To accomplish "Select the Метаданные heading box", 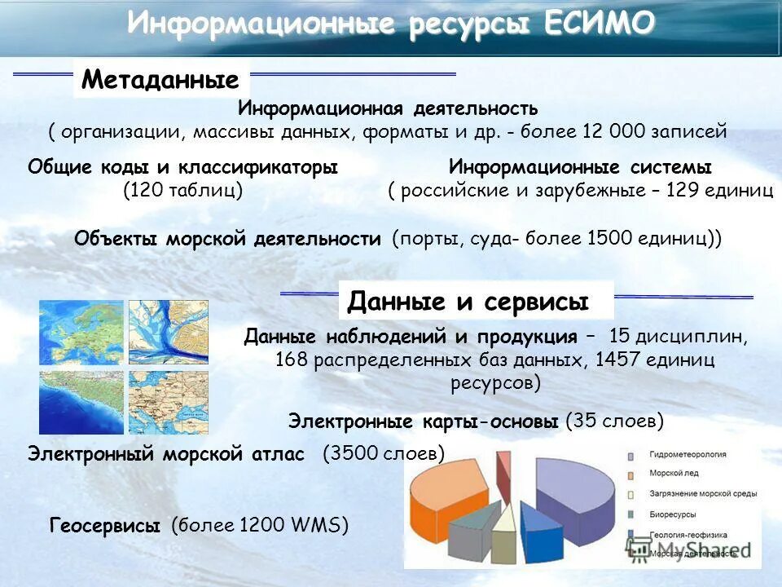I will coord(160,80).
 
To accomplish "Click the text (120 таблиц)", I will coord(183,191).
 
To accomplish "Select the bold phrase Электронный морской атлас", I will coord(166,453).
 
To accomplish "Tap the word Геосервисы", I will coord(104,527).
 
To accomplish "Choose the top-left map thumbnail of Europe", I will coord(81,332).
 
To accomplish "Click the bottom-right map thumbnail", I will coord(168,402).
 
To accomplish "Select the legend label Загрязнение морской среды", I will coord(702,494).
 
